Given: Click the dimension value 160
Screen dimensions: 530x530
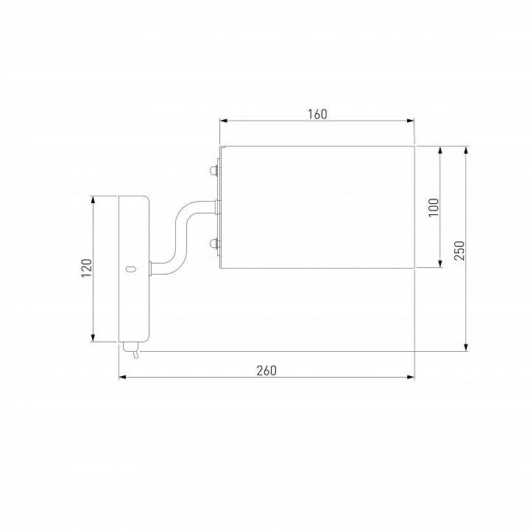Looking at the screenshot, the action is click(x=317, y=114).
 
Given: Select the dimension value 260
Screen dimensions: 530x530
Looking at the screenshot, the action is click(x=266, y=371).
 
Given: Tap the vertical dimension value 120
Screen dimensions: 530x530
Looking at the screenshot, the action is click(x=87, y=268).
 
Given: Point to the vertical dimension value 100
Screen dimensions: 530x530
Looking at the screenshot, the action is click(x=434, y=207).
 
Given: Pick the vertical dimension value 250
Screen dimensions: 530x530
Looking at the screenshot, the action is click(x=459, y=250).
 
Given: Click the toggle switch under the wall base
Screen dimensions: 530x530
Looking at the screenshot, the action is click(x=131, y=350).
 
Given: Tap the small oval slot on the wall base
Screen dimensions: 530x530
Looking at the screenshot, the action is click(x=130, y=269).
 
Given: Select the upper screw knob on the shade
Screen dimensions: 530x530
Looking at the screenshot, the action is click(x=215, y=170).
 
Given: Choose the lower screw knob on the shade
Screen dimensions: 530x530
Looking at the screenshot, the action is click(x=215, y=244).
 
